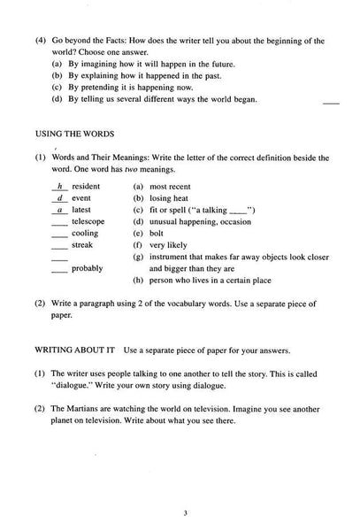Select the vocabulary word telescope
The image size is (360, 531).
[x=88, y=221]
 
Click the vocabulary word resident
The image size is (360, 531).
[x=85, y=187]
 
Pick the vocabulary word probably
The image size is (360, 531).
[x=88, y=267]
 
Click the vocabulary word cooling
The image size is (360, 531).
[x=85, y=233]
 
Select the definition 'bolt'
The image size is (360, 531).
[x=157, y=233]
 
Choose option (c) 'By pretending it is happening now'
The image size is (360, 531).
[x=134, y=88]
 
